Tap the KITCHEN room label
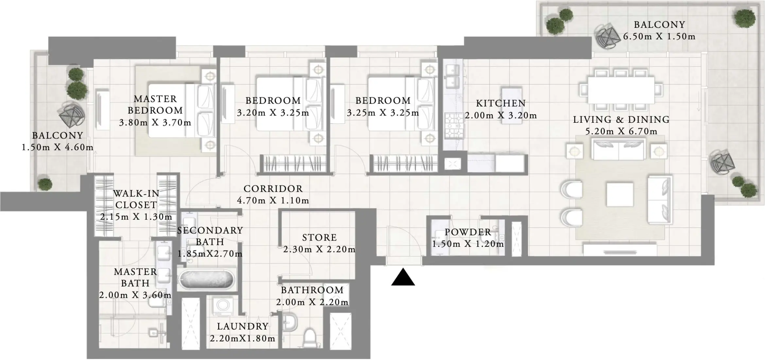pyautogui.click(x=500, y=103)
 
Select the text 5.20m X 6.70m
pyautogui.click(x=621, y=132)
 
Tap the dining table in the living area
pyautogui.click(x=621, y=90)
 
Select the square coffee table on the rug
pyautogui.click(x=619, y=194)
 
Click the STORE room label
pyautogui.click(x=319, y=238)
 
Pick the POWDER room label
pyautogui.click(x=468, y=232)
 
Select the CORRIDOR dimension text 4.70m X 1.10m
pyautogui.click(x=273, y=201)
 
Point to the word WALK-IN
pyautogui.click(x=136, y=194)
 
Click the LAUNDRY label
pyautogui.click(x=242, y=326)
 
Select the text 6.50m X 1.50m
pyautogui.click(x=659, y=37)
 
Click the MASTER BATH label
pyautogui.click(x=135, y=278)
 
